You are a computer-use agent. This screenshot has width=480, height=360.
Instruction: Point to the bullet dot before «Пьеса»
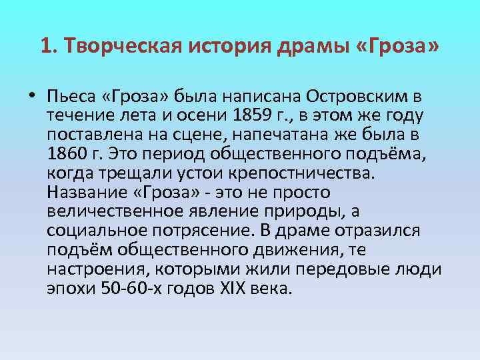click(32, 96)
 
